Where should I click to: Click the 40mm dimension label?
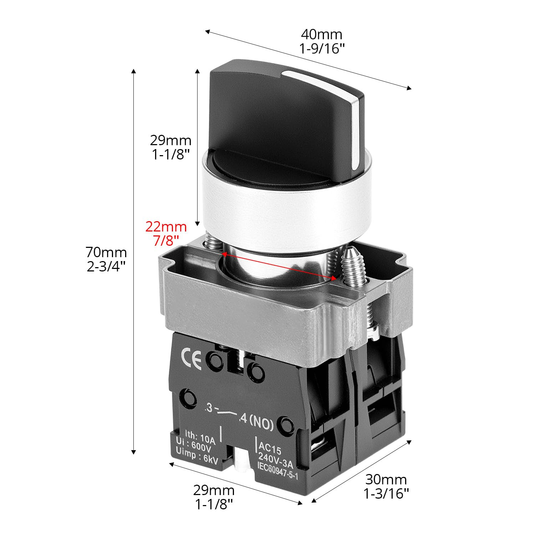click(x=321, y=34)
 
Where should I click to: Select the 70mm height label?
click(x=106, y=252)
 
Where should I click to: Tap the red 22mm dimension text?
click(x=166, y=226)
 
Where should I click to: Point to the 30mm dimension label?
click(x=386, y=479)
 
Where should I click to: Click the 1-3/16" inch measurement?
click(x=386, y=494)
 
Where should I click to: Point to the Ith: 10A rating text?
click(x=196, y=437)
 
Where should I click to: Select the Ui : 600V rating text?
click(x=195, y=446)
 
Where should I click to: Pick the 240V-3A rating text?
click(x=276, y=459)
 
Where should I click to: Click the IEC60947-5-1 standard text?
click(x=277, y=470)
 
